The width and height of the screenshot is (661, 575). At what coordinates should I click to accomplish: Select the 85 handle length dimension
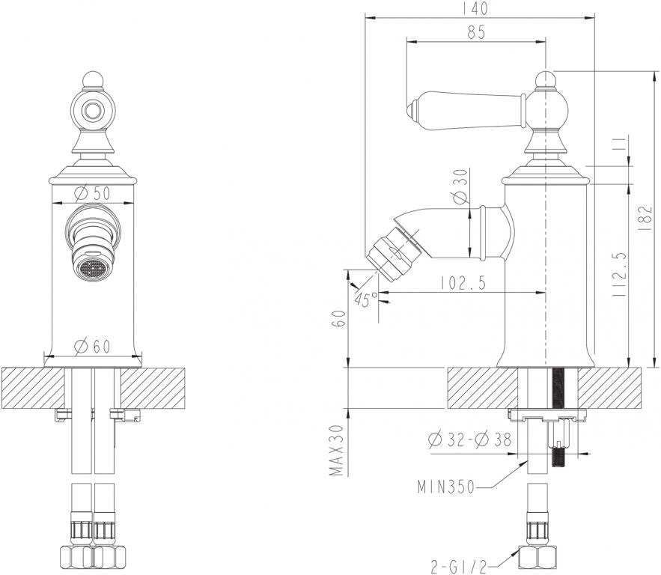point(476,31)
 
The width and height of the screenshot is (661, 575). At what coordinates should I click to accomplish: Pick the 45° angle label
point(367,299)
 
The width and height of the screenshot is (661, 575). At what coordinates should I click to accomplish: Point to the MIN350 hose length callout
point(446,487)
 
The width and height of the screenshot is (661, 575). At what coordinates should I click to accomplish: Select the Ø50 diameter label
point(93,192)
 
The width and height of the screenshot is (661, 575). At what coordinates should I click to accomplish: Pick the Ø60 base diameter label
point(93,345)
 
